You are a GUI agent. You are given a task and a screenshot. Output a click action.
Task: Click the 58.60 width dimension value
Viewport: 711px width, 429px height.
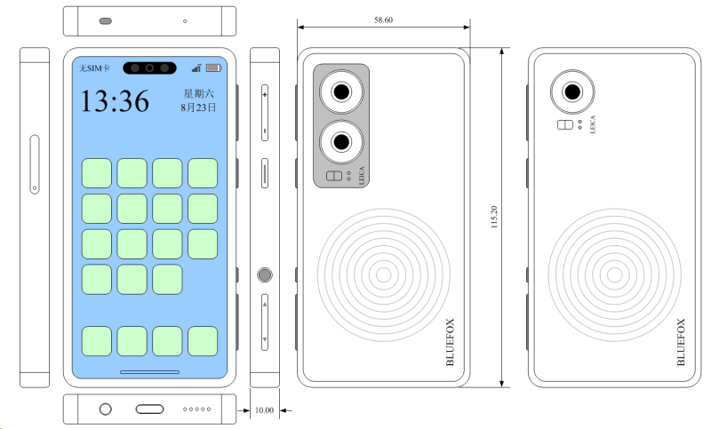(x=383, y=20)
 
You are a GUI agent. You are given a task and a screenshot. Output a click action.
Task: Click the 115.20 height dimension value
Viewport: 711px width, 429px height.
(x=494, y=217)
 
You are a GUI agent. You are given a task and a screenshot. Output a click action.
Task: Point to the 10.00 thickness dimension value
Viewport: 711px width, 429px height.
(x=264, y=410)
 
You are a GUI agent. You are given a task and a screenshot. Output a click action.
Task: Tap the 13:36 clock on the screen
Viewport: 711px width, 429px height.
(x=115, y=101)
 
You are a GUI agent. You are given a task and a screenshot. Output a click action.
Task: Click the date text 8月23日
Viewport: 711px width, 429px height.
(x=198, y=107)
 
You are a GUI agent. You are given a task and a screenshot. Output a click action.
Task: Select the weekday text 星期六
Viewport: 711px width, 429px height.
(x=198, y=94)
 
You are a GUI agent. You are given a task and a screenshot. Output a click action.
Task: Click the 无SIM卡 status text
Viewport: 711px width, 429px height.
(x=94, y=68)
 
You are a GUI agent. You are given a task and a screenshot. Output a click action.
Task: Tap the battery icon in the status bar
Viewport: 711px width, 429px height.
(x=214, y=68)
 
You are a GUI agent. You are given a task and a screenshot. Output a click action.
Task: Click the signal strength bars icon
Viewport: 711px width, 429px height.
(x=196, y=68)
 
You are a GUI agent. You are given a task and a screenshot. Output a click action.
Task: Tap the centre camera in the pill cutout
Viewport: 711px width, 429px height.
(x=149, y=68)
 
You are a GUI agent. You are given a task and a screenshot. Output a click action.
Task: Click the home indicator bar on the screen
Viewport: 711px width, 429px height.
(x=149, y=372)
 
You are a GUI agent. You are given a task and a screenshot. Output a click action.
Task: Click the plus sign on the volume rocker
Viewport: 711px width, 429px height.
(x=265, y=95)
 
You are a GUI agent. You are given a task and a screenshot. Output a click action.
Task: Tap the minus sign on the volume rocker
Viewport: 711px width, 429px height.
(x=265, y=131)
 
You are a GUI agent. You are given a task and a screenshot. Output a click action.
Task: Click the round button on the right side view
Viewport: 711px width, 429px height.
(x=265, y=275)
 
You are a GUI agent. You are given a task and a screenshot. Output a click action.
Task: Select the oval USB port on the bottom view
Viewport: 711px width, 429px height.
(x=149, y=409)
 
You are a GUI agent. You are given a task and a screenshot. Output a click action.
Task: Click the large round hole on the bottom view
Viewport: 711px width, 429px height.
(x=105, y=409)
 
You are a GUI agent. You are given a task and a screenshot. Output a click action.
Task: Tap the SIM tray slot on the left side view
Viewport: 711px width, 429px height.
(x=35, y=164)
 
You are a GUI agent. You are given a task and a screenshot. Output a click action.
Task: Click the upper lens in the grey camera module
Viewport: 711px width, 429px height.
(x=341, y=92)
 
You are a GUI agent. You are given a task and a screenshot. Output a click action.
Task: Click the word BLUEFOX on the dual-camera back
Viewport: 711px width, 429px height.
(x=450, y=342)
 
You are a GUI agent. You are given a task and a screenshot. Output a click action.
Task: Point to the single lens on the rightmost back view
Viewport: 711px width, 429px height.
(x=572, y=92)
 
